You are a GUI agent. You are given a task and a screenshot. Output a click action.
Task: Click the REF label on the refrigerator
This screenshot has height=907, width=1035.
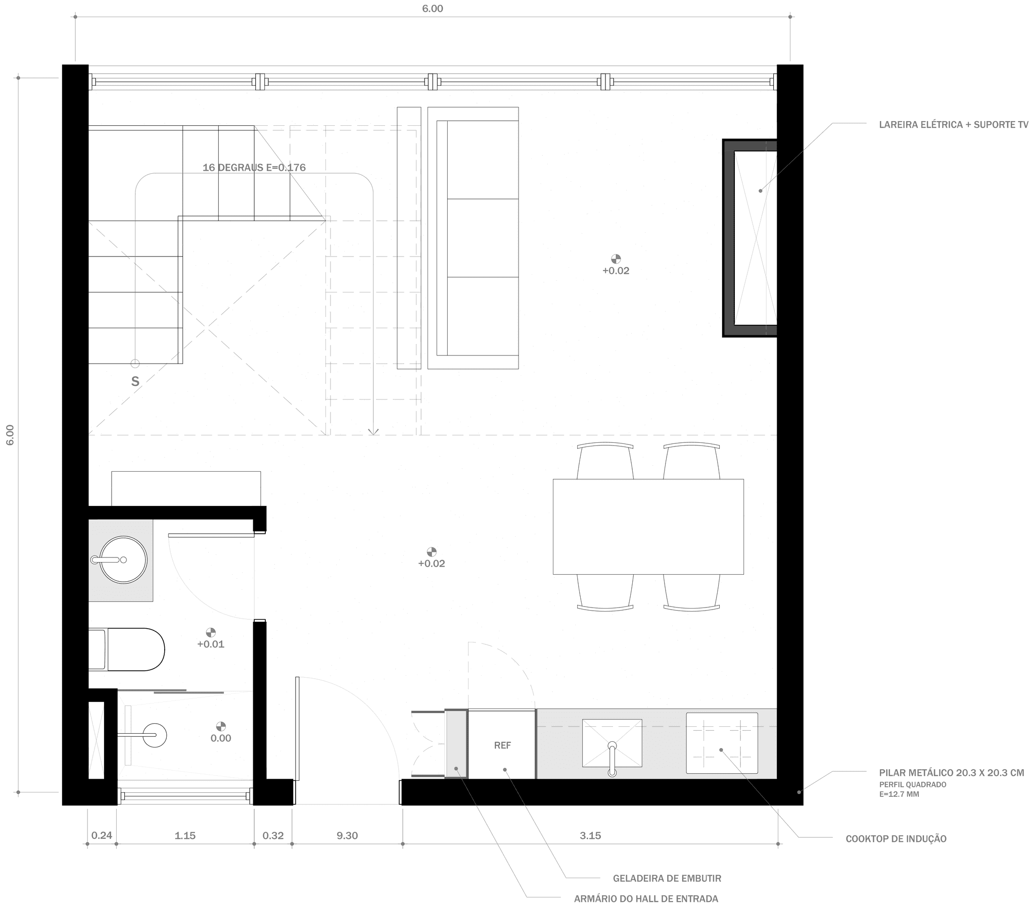[502, 745]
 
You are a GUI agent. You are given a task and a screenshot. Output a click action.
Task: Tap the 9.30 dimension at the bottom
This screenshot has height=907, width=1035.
[347, 836]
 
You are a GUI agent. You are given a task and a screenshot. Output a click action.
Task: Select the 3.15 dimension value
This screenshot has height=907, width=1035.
[590, 836]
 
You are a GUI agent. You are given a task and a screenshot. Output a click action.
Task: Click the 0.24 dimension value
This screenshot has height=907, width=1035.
[102, 836]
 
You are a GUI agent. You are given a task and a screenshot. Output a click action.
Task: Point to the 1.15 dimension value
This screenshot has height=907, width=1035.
[185, 836]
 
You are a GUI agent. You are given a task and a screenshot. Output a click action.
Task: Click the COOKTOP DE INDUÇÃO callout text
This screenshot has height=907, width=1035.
[896, 839]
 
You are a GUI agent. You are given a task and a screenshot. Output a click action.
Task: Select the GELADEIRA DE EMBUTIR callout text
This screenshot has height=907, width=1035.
[667, 878]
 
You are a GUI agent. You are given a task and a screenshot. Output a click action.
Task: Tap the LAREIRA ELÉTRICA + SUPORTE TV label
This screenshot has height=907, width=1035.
[955, 125]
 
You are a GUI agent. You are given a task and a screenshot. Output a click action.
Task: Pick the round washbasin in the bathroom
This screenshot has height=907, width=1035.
[123, 560]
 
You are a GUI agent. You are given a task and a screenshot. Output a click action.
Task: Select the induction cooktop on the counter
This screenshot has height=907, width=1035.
[722, 742]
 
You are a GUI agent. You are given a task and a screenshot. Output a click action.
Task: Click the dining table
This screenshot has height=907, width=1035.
[648, 526]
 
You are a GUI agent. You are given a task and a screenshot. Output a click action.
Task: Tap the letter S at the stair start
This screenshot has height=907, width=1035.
[135, 382]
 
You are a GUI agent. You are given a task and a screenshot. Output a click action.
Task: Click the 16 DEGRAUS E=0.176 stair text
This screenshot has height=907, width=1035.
[254, 168]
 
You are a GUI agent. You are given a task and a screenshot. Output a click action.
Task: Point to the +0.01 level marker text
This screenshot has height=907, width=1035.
[210, 644]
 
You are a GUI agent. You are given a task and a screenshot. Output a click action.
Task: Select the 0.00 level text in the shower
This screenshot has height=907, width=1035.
[221, 738]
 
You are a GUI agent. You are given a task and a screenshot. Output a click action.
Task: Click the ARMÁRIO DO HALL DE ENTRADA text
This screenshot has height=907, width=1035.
[645, 899]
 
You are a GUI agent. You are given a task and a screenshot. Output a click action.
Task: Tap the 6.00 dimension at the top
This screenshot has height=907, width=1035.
[432, 9]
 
